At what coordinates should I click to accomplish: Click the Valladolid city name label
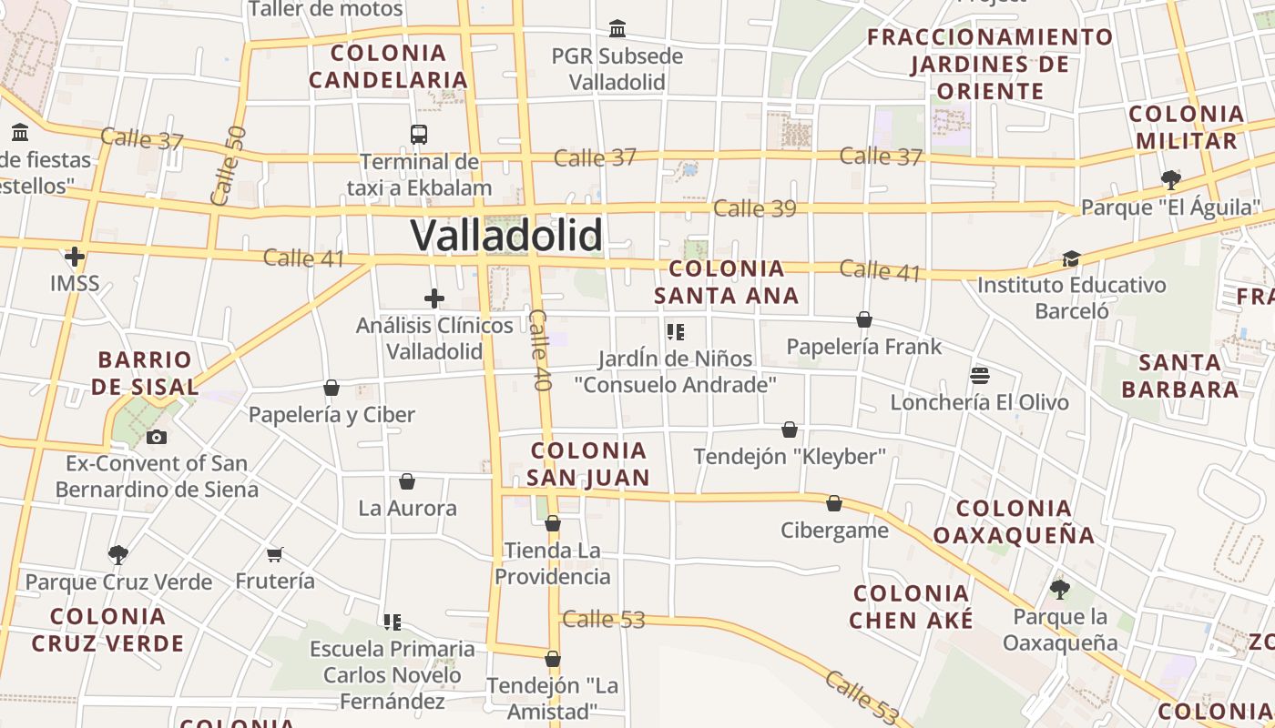[506, 235]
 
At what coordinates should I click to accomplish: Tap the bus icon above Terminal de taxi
[419, 135]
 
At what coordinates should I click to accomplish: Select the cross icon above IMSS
[75, 257]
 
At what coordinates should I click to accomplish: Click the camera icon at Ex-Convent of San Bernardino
[157, 437]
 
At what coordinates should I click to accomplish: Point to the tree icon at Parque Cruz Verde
[117, 554]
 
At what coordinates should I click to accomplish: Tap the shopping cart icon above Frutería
[275, 554]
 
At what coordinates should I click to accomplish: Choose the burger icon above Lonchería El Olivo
[980, 375]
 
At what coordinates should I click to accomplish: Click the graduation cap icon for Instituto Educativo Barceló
[1071, 259]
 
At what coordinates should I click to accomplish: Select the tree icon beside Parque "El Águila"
[1171, 179]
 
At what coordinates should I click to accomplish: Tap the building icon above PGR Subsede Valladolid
[617, 29]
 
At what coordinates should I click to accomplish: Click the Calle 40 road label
[540, 350]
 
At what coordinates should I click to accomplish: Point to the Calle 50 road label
[228, 165]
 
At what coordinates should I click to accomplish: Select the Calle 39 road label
[754, 208]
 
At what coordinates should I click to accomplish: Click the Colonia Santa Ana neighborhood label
[726, 281]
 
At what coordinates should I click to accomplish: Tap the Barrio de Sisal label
[145, 373]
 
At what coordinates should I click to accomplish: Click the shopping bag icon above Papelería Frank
[864, 319]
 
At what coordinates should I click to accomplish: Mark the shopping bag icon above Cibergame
[834, 503]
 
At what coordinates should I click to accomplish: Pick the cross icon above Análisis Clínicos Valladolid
[434, 298]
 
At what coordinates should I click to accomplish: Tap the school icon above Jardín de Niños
[675, 331]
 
